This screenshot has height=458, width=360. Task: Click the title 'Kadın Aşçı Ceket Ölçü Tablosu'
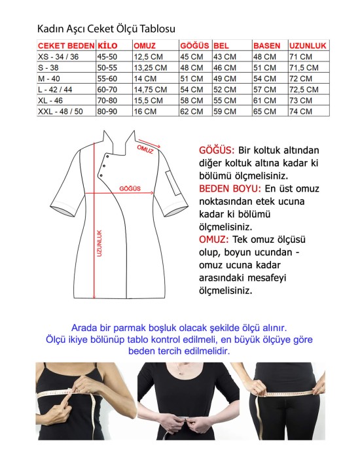click(106, 29)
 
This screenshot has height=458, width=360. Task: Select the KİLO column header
click(108, 46)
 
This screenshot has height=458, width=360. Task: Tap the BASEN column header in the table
click(267, 46)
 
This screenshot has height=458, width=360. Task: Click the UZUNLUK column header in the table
click(308, 46)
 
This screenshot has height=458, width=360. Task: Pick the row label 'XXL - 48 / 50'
click(61, 112)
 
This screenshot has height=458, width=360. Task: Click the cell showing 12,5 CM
click(148, 57)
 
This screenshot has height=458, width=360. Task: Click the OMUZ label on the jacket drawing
click(145, 149)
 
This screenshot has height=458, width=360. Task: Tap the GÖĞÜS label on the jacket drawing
click(130, 188)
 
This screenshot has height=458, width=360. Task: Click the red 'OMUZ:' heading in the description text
click(217, 239)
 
